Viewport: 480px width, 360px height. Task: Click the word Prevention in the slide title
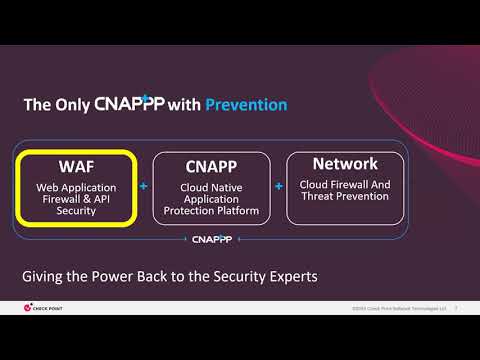pos(246,104)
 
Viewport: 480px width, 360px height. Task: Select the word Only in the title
pos(73,104)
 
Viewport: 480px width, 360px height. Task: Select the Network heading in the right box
pos(345,163)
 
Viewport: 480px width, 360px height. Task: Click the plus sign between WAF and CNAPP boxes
pos(144,186)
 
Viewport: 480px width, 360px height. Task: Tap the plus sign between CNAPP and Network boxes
pos(278,186)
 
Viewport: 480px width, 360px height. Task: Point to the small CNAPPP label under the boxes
pos(210,239)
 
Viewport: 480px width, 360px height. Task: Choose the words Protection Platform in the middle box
pos(211,211)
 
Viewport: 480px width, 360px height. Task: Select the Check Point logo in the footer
pos(42,307)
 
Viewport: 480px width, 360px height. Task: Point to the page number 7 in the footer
pos(456,307)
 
